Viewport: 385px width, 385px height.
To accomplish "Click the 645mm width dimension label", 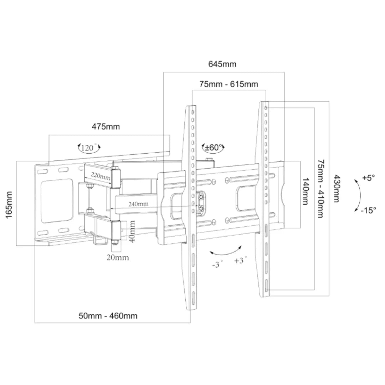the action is point(222,64).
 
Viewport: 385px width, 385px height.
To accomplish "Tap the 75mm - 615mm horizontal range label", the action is point(229,84).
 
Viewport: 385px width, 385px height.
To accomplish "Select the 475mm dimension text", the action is point(106,127).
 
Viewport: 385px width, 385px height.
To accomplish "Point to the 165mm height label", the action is point(9,205).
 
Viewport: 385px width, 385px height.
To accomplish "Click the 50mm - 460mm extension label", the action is point(108,316).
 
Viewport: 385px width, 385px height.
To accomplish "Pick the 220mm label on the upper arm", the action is point(101,176).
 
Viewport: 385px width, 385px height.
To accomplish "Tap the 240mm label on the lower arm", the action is point(138,204).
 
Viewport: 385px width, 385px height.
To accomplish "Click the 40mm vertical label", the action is point(132,232).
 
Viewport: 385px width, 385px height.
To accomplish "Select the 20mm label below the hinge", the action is point(118,258).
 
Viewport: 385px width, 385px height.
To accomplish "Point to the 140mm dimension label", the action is point(306,191).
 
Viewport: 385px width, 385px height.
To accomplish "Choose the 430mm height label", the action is point(337,189).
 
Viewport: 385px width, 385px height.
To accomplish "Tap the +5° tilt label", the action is point(369,178).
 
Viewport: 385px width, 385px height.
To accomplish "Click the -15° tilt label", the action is point(368,210).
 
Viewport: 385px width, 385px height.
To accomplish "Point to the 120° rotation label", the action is point(89,148).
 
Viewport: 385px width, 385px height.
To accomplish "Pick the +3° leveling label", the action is point(240,260).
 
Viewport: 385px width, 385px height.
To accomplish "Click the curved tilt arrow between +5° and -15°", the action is point(360,195).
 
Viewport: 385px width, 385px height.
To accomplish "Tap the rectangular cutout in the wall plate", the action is point(57,201).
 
